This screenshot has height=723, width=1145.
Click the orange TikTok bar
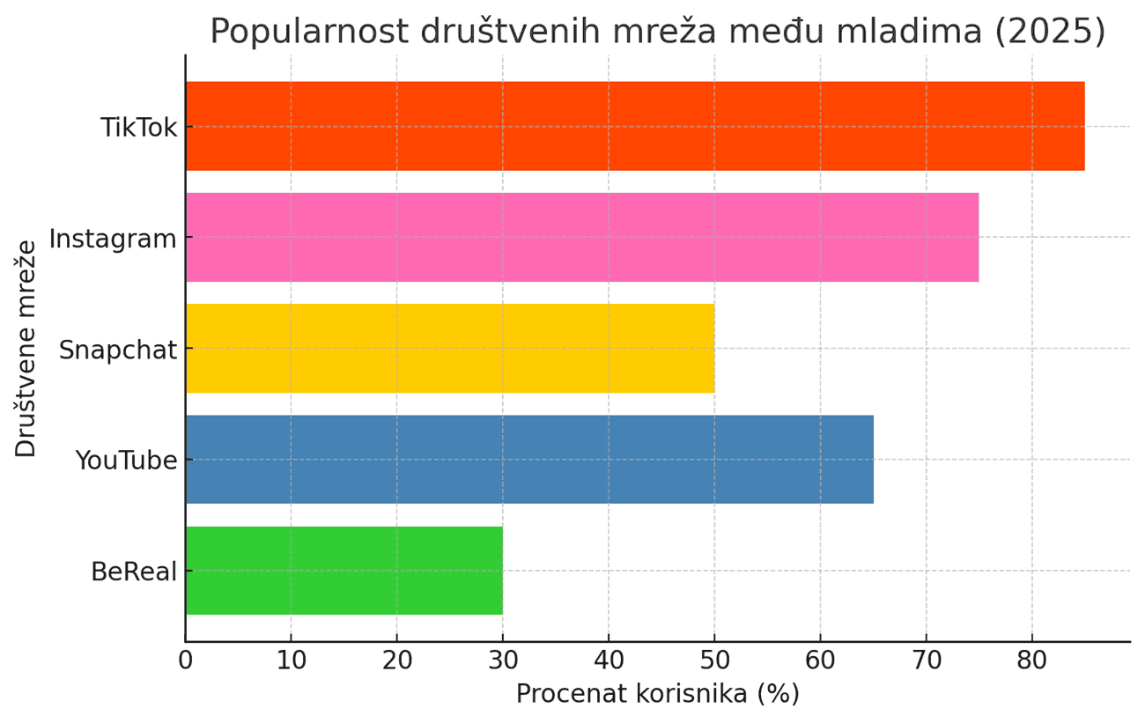tap(634, 126)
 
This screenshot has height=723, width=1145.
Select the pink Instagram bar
tap(581, 237)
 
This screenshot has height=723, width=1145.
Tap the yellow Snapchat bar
tap(449, 348)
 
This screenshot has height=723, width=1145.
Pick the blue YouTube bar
tap(528, 459)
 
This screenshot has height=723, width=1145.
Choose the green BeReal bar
tap(343, 570)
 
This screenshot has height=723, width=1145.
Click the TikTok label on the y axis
tap(138, 127)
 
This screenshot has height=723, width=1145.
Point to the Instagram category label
tap(113, 238)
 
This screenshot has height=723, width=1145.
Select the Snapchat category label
tap(118, 350)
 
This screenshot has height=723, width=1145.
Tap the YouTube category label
tap(126, 460)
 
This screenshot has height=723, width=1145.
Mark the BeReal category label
tap(134, 571)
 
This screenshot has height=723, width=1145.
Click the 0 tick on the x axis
tap(185, 660)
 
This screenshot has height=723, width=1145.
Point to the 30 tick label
tap(502, 660)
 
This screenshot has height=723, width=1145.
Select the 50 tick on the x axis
tap(714, 660)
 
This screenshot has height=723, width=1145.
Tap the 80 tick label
tap(1031, 660)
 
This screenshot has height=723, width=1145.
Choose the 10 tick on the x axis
tap(291, 660)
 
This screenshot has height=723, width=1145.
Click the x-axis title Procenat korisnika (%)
tap(657, 694)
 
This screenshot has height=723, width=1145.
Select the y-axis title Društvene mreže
tap(27, 348)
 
